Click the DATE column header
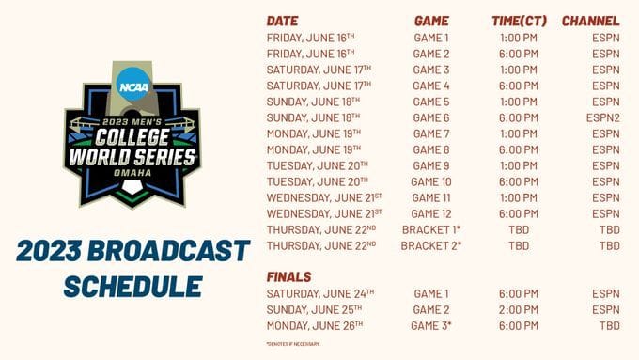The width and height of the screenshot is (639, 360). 283,21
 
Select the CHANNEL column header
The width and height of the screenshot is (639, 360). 590,21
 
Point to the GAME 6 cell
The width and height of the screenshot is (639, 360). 431,117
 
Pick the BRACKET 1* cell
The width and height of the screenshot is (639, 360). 431,230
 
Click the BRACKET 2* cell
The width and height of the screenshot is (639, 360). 431,246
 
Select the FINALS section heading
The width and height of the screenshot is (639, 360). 289,277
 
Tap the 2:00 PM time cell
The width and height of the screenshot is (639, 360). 519,310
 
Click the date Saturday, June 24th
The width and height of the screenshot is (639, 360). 319,294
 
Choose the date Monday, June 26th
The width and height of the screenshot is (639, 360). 314,326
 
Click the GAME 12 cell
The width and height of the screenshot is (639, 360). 431,214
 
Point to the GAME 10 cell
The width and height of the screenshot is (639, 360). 431,181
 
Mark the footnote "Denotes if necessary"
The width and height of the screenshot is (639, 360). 293,344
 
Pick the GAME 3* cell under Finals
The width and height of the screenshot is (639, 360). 431,326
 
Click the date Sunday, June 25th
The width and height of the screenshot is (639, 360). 315,310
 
